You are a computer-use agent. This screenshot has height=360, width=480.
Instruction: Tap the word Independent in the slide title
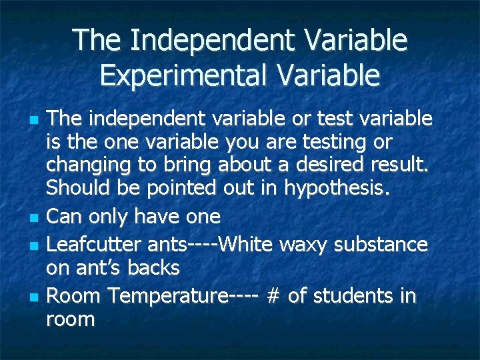pyautogui.click(x=212, y=40)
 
